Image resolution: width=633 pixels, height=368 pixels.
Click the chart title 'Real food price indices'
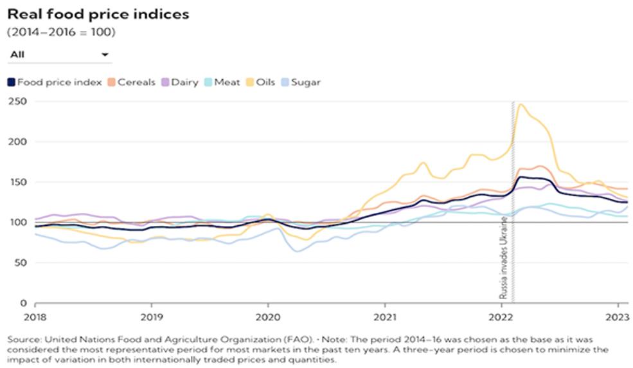pyautogui.click(x=98, y=15)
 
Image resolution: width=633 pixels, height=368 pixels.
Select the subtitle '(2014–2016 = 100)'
pyautogui.click(x=61, y=32)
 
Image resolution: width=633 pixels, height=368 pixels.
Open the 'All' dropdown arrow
pyautogui.click(x=105, y=55)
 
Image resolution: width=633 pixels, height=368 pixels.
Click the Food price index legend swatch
pyautogui.click(x=12, y=82)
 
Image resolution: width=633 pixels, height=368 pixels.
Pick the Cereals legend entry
pyautogui.click(x=131, y=82)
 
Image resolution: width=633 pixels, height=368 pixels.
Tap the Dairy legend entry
pyautogui.click(x=180, y=82)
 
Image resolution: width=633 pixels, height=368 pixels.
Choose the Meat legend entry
pyautogui.click(x=222, y=82)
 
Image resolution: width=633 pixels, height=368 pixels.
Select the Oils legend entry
pyautogui.click(x=260, y=82)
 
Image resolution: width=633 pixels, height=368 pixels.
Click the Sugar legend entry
pyautogui.click(x=301, y=82)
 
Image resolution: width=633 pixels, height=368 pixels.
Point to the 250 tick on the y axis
pyautogui.click(x=17, y=102)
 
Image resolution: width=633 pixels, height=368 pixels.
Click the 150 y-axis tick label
pyautogui.click(x=17, y=182)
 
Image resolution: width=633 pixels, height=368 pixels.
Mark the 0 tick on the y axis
pyautogui.click(x=23, y=304)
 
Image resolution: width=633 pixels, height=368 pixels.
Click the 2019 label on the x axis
pyautogui.click(x=152, y=317)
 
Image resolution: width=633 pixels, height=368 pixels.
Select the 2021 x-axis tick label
pyautogui.click(x=385, y=317)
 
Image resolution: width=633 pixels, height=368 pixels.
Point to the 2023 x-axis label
pyautogui.click(x=618, y=317)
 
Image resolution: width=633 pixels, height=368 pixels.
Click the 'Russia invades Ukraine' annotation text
pyautogui.click(x=503, y=258)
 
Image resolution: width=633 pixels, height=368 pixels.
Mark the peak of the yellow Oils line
pyautogui.click(x=521, y=105)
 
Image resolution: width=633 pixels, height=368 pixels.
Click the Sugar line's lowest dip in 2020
pyautogui.click(x=298, y=252)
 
